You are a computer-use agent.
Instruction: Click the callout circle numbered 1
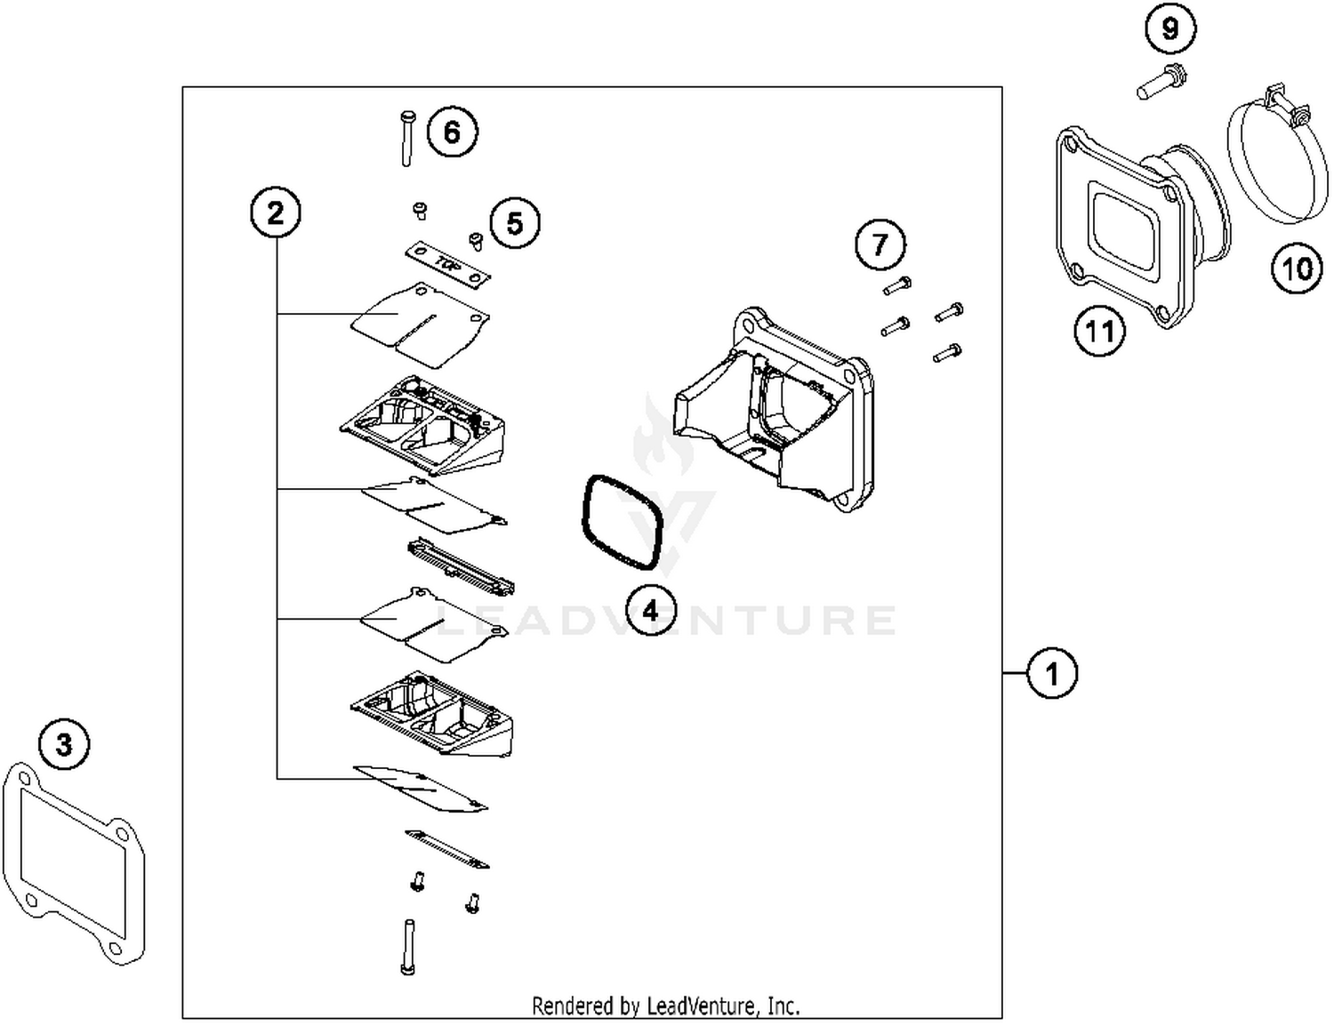point(1052,673)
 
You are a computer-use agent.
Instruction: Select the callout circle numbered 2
point(276,213)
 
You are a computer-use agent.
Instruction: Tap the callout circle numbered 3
point(64,743)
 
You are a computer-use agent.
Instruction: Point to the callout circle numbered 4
point(650,611)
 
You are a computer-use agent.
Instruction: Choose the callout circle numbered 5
point(515,223)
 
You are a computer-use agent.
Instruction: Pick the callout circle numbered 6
point(452,132)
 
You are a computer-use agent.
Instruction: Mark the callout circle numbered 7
point(880,244)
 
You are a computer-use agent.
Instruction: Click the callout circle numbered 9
point(1170,29)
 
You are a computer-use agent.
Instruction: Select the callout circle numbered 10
point(1296,268)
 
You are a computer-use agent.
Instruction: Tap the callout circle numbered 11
point(1099,332)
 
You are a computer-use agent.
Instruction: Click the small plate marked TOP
point(448,265)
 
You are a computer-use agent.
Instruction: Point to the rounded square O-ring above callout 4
point(622,523)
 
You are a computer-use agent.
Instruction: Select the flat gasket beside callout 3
point(73,862)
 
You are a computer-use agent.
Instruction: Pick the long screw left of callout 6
point(406,138)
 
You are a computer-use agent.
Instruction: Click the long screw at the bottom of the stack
point(408,947)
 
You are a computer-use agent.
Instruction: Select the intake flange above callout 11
point(1138,222)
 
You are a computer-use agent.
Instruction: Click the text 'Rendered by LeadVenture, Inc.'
point(665,1006)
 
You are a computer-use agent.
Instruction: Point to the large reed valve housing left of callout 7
point(769,409)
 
